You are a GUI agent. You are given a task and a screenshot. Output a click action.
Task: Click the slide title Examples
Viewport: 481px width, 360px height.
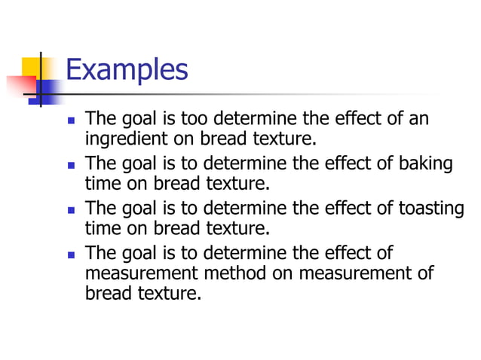[126, 70]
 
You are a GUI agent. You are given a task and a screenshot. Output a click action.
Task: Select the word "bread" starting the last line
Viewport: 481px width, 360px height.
[106, 293]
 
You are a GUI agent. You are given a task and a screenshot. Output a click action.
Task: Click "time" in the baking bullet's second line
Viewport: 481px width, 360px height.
[102, 183]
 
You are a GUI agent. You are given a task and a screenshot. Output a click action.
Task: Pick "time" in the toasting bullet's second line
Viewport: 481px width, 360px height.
[102, 227]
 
